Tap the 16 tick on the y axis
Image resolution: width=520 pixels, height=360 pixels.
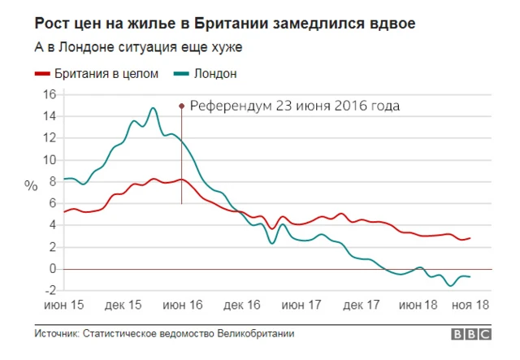(x=49, y=94)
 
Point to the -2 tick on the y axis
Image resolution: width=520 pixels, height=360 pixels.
(x=49, y=290)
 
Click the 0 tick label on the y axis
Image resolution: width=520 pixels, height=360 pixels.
(x=51, y=268)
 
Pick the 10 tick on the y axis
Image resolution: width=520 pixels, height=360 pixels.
(x=49, y=159)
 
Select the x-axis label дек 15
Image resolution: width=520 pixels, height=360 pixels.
(x=123, y=306)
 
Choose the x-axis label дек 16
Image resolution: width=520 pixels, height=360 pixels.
(x=242, y=306)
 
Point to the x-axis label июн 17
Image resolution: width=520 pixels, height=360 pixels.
(x=301, y=306)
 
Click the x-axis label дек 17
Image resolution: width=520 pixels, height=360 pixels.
(x=362, y=306)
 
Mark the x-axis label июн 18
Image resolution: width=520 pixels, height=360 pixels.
(x=418, y=306)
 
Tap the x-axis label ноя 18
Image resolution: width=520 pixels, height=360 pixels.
(x=471, y=306)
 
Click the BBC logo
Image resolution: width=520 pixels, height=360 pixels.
(x=470, y=334)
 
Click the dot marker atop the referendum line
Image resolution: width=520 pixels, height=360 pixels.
(x=181, y=105)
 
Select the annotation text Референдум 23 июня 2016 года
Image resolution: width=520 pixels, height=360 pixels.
(x=295, y=105)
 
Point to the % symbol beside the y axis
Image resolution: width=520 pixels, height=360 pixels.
(x=31, y=185)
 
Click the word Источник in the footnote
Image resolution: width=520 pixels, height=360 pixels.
(x=56, y=334)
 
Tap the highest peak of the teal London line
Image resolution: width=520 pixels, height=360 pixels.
(x=152, y=107)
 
